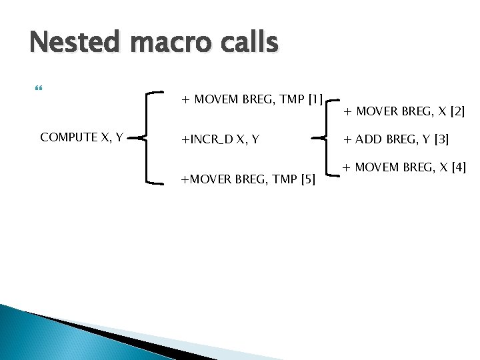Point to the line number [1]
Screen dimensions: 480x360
click(314, 100)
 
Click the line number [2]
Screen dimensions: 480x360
click(457, 111)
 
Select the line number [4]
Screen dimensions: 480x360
click(458, 166)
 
